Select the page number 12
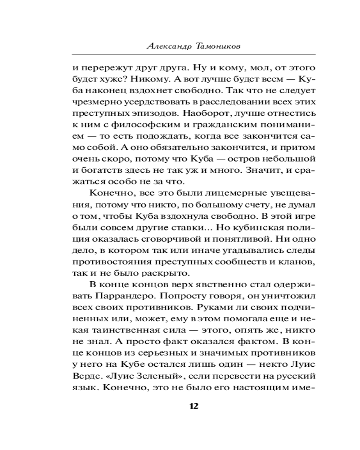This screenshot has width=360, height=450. pyautogui.click(x=194, y=405)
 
